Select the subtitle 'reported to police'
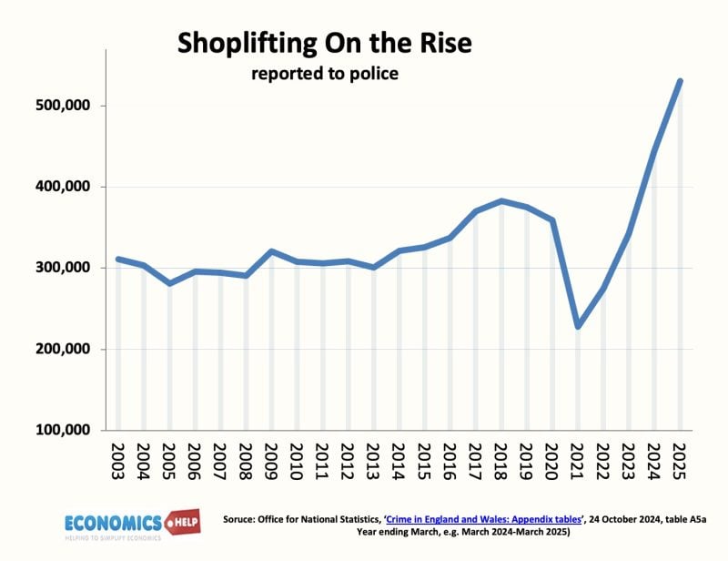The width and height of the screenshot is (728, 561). [325, 74]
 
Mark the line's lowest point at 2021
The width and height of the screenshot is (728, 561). [578, 326]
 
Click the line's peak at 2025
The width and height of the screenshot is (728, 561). [680, 81]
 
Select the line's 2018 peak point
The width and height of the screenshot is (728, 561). [501, 201]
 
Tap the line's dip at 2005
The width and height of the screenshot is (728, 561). [169, 283]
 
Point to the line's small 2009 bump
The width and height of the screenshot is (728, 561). [271, 251]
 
